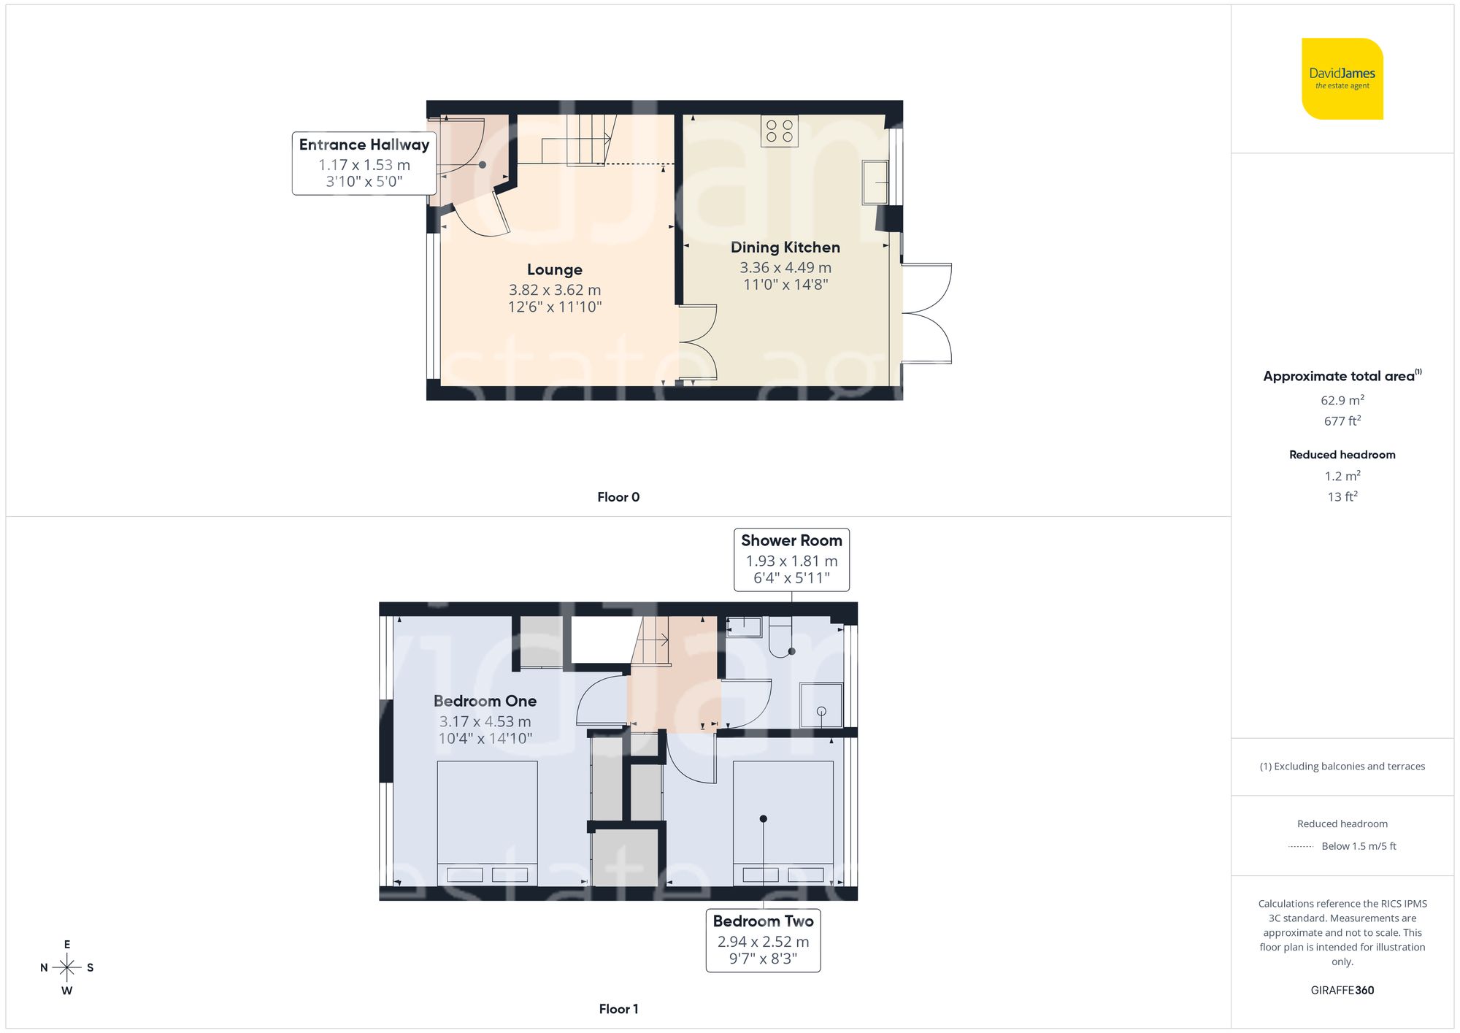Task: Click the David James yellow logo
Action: click(1342, 79)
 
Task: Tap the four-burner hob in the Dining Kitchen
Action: click(779, 131)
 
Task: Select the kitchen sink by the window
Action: click(875, 182)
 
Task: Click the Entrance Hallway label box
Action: click(364, 163)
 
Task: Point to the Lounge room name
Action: click(554, 270)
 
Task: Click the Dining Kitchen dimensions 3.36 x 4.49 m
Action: click(785, 268)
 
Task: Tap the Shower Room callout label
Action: click(791, 559)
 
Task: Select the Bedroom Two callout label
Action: click(763, 940)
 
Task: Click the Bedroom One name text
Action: click(485, 701)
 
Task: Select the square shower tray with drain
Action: click(821, 705)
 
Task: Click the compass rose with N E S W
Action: click(66, 967)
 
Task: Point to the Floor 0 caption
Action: click(618, 497)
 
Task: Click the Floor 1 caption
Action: click(618, 1009)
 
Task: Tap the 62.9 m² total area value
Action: click(1342, 400)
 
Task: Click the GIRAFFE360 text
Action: click(1342, 990)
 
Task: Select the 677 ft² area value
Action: click(1342, 421)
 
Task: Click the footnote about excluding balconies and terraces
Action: click(1342, 767)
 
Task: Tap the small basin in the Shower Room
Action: click(744, 626)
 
